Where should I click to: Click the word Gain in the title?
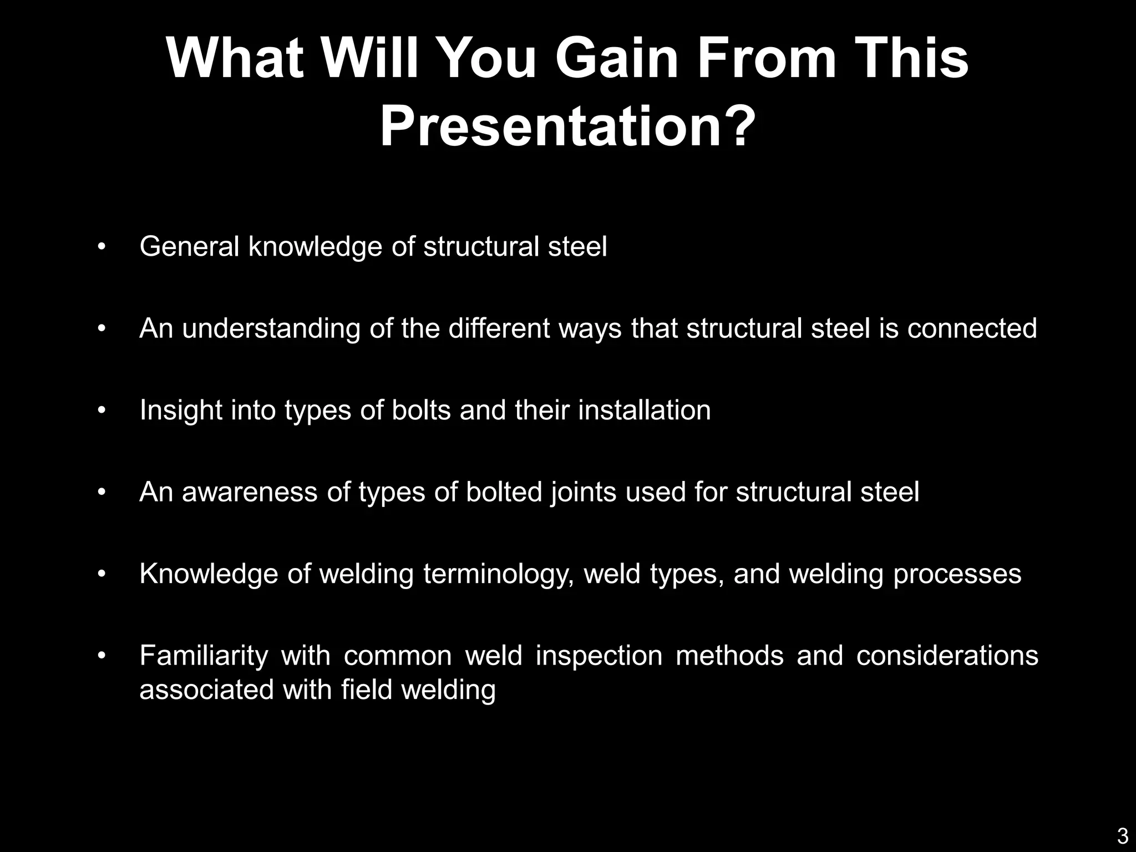(616, 59)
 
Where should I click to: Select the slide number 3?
(1122, 835)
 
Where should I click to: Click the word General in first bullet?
(189, 246)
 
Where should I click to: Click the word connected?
(972, 328)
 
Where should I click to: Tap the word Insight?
(180, 410)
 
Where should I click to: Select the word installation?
(644, 410)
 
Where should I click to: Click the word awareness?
(249, 492)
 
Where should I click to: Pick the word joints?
(583, 492)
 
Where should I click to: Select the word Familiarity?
(204, 656)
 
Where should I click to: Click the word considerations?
(947, 656)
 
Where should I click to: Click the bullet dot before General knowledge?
(101, 247)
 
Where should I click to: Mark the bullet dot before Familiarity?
(101, 656)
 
